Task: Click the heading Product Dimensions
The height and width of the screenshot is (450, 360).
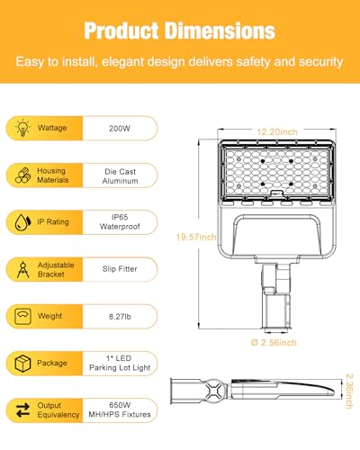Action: click(180, 30)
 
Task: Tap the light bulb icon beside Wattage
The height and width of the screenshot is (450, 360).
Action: click(20, 128)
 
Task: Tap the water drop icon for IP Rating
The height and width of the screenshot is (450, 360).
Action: click(20, 222)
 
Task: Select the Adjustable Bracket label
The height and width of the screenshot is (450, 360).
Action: click(54, 268)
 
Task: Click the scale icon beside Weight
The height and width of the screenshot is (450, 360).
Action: click(20, 316)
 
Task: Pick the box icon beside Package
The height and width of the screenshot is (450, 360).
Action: click(20, 364)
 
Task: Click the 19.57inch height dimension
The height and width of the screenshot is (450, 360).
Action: click(196, 238)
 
